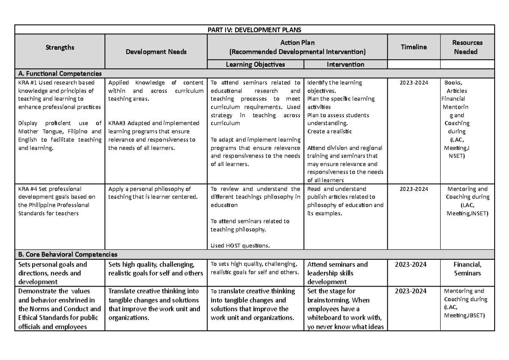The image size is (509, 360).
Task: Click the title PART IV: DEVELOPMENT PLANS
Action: [255, 29]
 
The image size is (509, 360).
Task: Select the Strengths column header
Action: [60, 47]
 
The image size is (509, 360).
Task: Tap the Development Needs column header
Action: [156, 52]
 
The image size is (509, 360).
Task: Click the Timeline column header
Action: [414, 47]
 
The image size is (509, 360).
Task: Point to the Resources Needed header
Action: [468, 47]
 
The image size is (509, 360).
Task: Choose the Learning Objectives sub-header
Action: [255, 65]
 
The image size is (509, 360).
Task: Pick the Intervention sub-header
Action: [345, 65]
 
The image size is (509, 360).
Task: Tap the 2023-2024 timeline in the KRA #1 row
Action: [414, 83]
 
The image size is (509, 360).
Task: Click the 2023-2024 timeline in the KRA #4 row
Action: [414, 189]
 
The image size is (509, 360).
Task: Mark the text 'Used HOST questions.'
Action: [240, 245]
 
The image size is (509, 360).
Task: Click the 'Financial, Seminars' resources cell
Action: [467, 269]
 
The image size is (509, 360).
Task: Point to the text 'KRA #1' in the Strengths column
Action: [27, 83]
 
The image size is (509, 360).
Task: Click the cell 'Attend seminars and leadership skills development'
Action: [337, 273]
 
